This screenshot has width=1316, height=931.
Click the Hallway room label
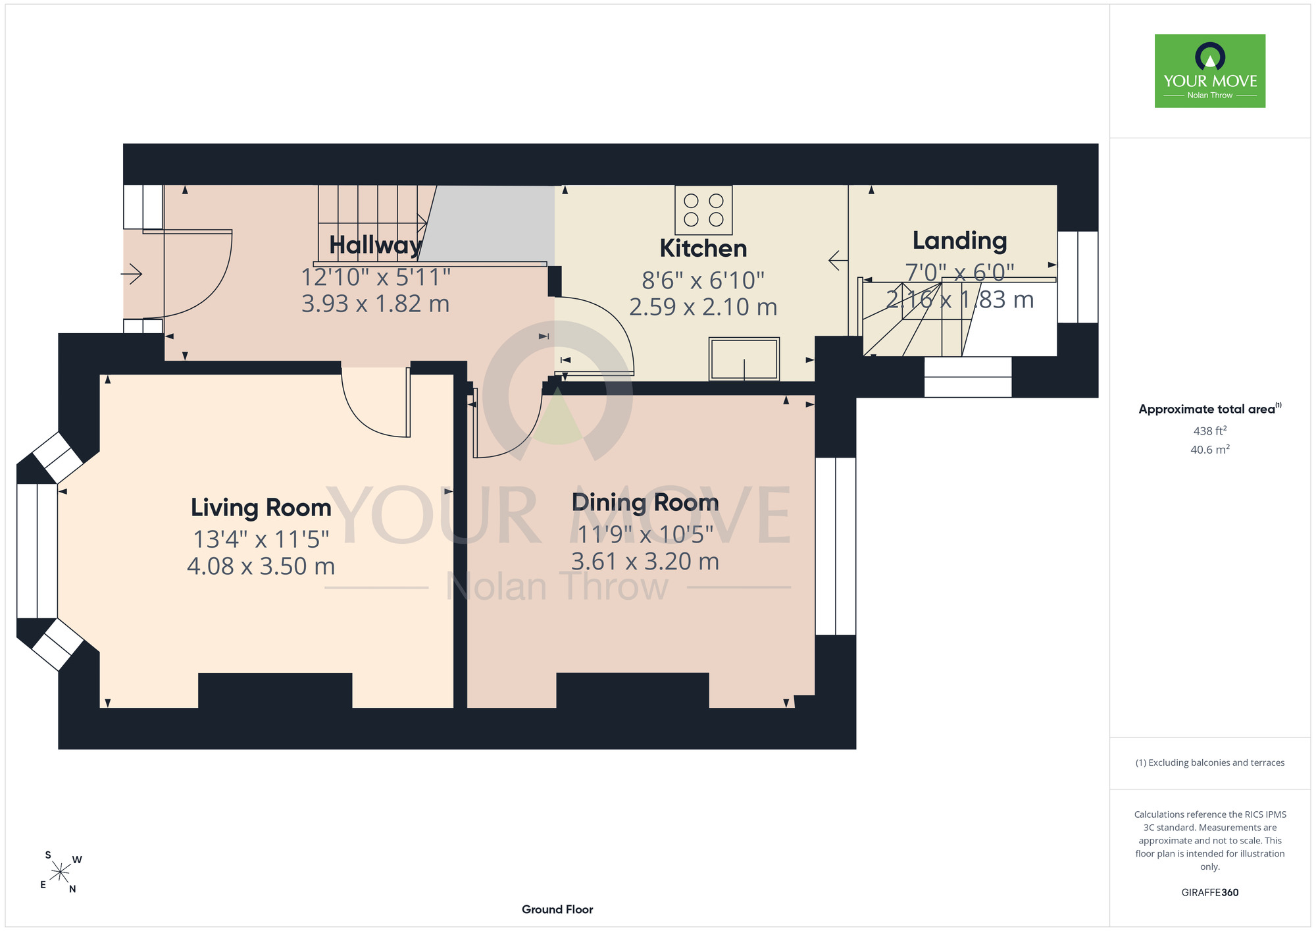pos(375,246)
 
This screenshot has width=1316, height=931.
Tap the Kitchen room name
pos(703,248)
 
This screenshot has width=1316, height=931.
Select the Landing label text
pos(959,241)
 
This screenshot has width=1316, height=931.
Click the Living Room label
pos(261,508)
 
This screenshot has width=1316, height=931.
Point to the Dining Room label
pos(645,502)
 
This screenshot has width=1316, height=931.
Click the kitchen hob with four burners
pos(703,210)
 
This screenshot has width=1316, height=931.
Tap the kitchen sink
pos(744,359)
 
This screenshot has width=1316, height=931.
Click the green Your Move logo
pos(1210,71)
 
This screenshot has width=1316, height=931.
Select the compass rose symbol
pos(60,872)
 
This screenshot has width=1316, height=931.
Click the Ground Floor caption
pos(557,909)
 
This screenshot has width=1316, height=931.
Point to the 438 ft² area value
pos(1210,431)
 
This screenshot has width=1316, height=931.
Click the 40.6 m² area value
pos(1210,450)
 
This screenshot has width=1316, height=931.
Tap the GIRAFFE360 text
pos(1210,893)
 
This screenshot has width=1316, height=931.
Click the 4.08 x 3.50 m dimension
pos(261,566)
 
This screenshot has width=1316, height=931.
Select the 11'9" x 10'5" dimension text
pos(645,535)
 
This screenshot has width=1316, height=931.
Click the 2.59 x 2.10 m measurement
pos(703,307)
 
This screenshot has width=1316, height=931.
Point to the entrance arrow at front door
pos(132,273)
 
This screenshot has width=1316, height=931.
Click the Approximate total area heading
pos(1210,409)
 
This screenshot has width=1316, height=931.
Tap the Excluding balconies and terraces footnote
pos(1210,762)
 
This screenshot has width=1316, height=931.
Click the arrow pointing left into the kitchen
pos(838,260)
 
